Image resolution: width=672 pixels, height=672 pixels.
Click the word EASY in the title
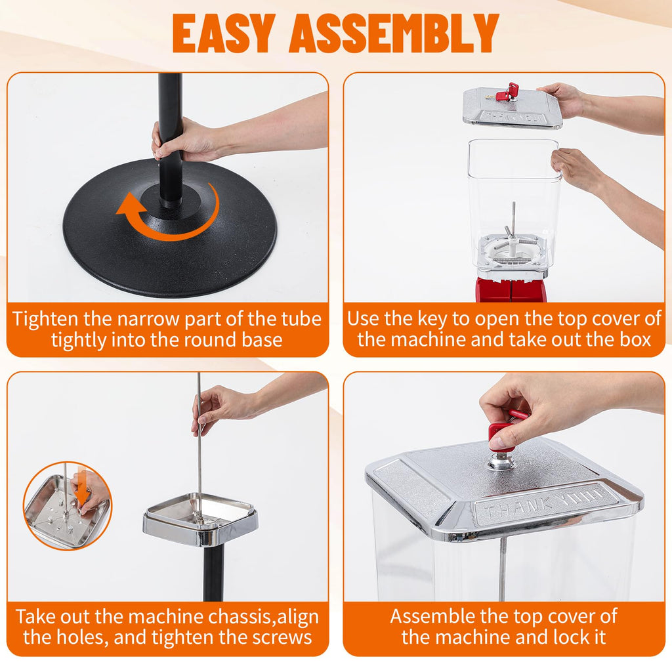coord(224,33)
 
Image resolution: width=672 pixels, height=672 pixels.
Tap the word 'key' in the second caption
coord(432,319)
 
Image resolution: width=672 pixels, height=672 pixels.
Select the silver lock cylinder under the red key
coord(499,461)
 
